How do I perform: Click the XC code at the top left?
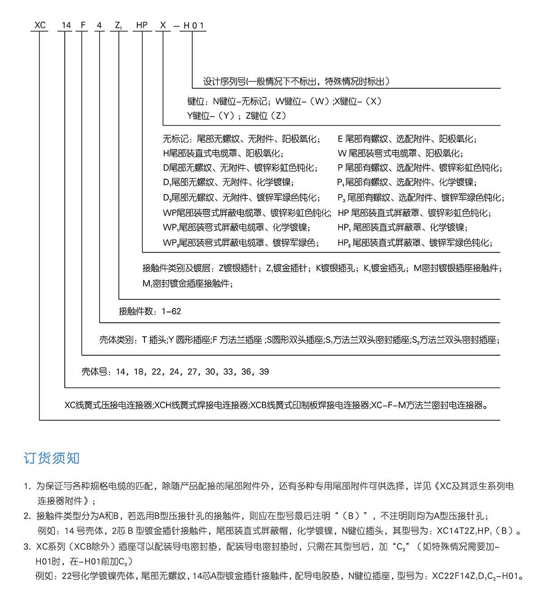40,25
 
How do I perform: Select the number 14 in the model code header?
66,25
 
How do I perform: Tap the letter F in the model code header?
83,25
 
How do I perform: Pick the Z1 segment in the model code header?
118,26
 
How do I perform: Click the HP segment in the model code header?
142,25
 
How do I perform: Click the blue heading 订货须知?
51,458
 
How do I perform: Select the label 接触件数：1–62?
150,311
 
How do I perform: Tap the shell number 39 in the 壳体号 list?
264,372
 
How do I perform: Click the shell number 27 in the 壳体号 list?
192,372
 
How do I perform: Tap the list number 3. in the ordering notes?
27,547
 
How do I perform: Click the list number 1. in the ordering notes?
27,486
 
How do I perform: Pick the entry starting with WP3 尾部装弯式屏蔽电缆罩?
241,243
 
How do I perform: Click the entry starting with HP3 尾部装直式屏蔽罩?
414,243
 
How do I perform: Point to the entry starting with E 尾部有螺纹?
407,139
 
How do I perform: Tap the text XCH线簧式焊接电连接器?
202,405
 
